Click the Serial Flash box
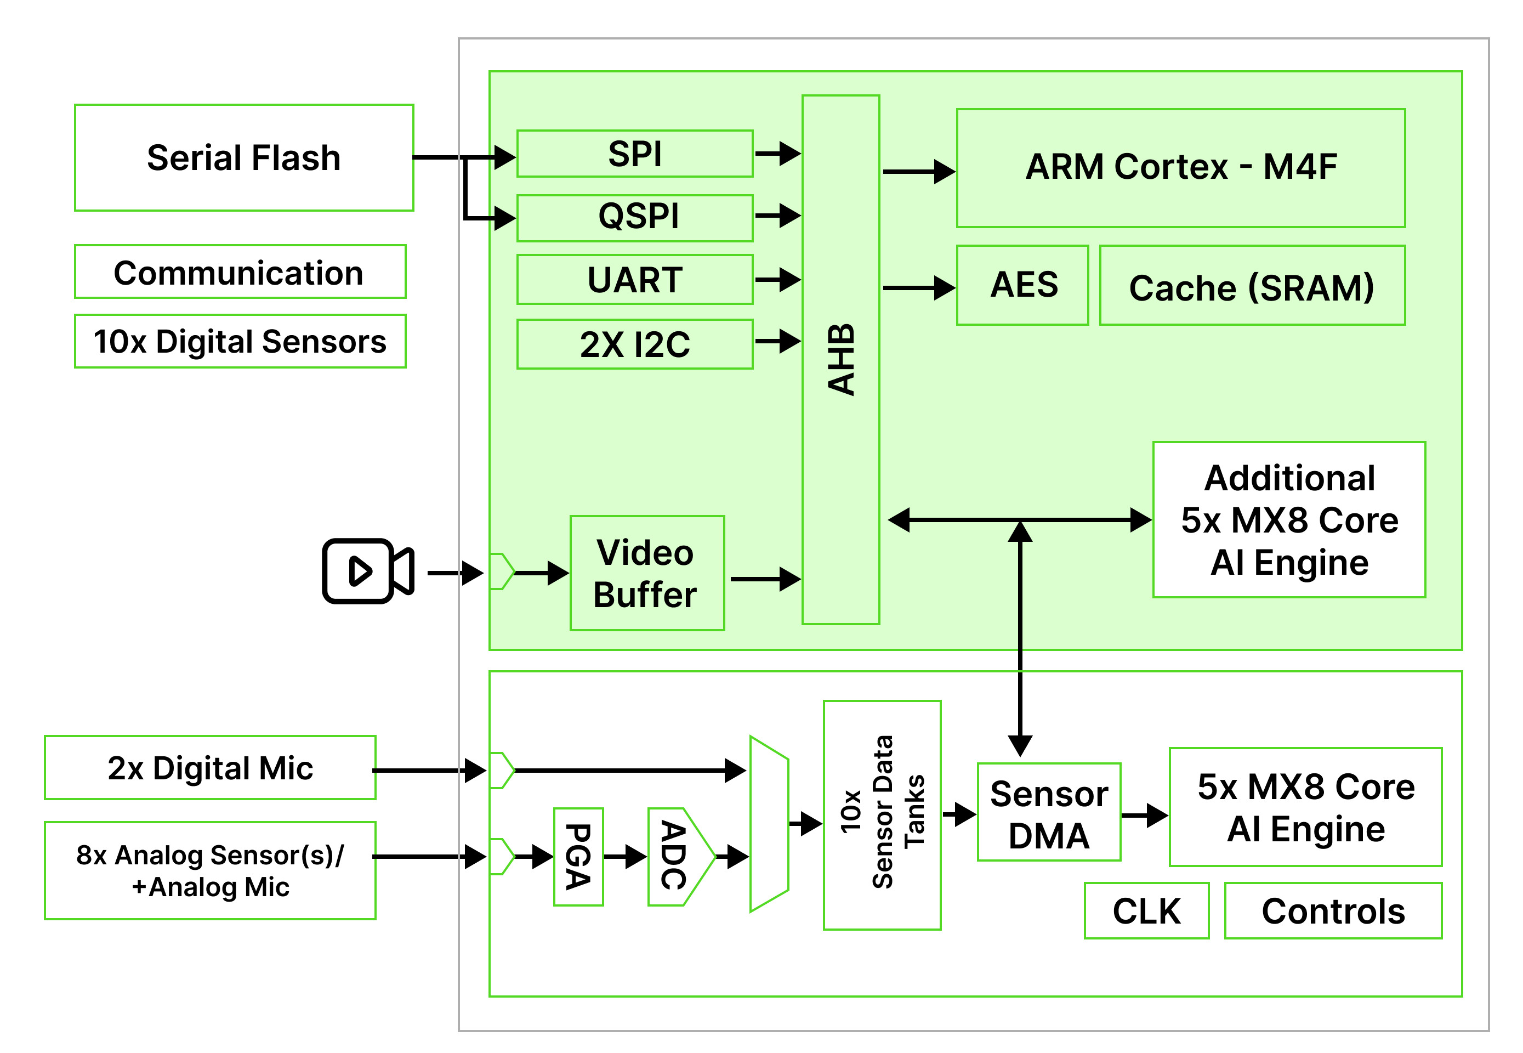point(244,158)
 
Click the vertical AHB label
point(841,360)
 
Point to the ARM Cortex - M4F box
point(1181,168)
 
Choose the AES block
point(1022,285)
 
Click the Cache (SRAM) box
point(1252,285)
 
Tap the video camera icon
point(368,571)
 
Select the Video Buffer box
point(647,573)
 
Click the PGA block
point(578,857)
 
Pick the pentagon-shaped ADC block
point(681,857)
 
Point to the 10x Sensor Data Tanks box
point(882,815)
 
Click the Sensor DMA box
point(1049,812)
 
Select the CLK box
point(1146,910)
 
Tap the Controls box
point(1333,910)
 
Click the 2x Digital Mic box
point(211,768)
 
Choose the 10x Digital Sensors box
point(240,341)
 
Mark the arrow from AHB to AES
point(919,288)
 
